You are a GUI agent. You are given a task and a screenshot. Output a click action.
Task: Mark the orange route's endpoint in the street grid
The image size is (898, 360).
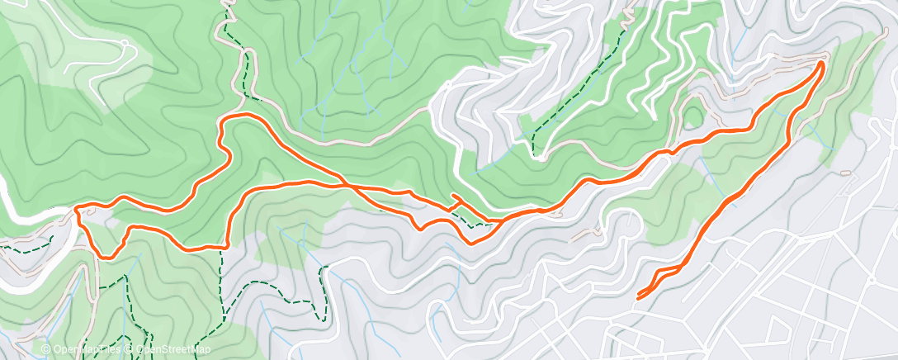click(640, 296)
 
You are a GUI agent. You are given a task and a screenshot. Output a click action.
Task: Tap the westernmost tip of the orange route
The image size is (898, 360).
click(77, 210)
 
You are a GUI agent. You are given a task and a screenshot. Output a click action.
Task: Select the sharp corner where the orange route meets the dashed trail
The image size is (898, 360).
click(225, 245)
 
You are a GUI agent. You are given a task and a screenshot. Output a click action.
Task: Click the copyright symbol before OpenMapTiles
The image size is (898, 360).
click(45, 350)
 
